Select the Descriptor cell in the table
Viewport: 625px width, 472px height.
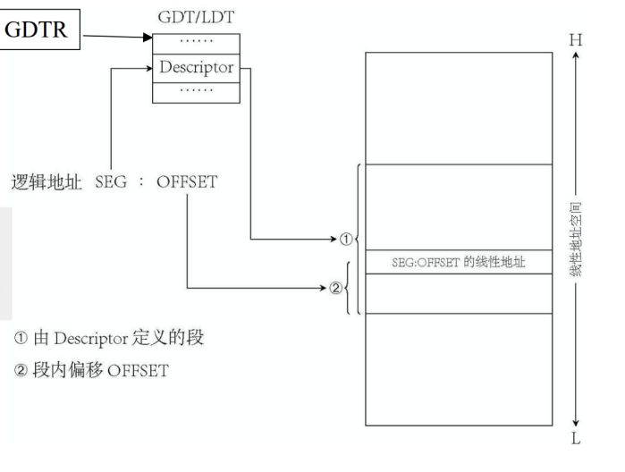point(197,67)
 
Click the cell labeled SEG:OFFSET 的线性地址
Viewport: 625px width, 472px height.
point(459,263)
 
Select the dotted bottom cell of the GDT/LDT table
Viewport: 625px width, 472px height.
point(197,90)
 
